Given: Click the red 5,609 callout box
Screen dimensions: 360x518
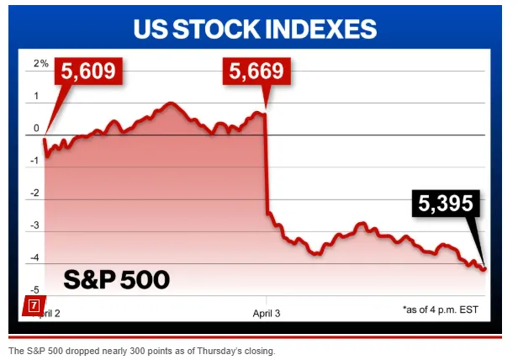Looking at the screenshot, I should (x=89, y=73).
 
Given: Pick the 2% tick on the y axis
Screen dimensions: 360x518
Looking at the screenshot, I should (x=40, y=64).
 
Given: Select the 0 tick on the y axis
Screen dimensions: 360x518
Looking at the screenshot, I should (x=37, y=129).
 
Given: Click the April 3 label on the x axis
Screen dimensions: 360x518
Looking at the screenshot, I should (x=267, y=311).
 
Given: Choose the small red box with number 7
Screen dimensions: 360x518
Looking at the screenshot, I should (x=34, y=306).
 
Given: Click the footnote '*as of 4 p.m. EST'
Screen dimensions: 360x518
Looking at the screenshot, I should (x=440, y=310).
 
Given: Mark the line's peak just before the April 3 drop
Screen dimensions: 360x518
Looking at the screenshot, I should (x=264, y=112).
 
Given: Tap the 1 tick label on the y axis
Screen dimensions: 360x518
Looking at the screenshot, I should (x=37, y=96).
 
